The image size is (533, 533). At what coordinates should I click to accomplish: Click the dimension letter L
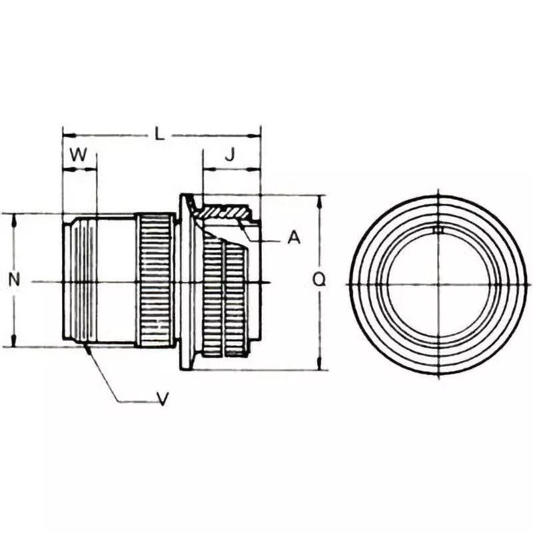pos(159,134)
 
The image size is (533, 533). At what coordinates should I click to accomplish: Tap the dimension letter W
pos(79,155)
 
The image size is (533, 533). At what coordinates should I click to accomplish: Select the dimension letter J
pos(229,155)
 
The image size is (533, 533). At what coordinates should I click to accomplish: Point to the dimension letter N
pos(13,280)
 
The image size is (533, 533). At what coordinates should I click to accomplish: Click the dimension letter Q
pos(320,280)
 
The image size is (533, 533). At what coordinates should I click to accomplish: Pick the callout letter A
pos(294,237)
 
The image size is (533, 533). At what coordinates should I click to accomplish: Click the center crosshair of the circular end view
pos(438,284)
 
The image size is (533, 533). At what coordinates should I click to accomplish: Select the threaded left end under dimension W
pos(79,280)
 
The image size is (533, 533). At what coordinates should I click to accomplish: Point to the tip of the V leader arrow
pos(87,346)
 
